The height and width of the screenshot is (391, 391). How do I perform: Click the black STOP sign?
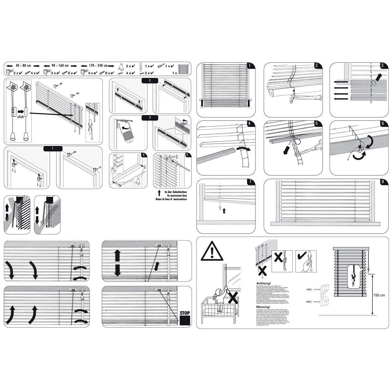(x=184, y=318)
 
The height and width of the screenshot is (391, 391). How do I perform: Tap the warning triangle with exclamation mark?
(x=212, y=252)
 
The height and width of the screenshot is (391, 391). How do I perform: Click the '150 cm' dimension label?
(x=379, y=295)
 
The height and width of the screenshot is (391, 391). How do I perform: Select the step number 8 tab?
(x=383, y=182)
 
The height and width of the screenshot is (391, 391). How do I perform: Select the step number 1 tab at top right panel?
(x=249, y=65)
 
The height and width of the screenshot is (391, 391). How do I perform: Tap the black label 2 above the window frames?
(x=149, y=80)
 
